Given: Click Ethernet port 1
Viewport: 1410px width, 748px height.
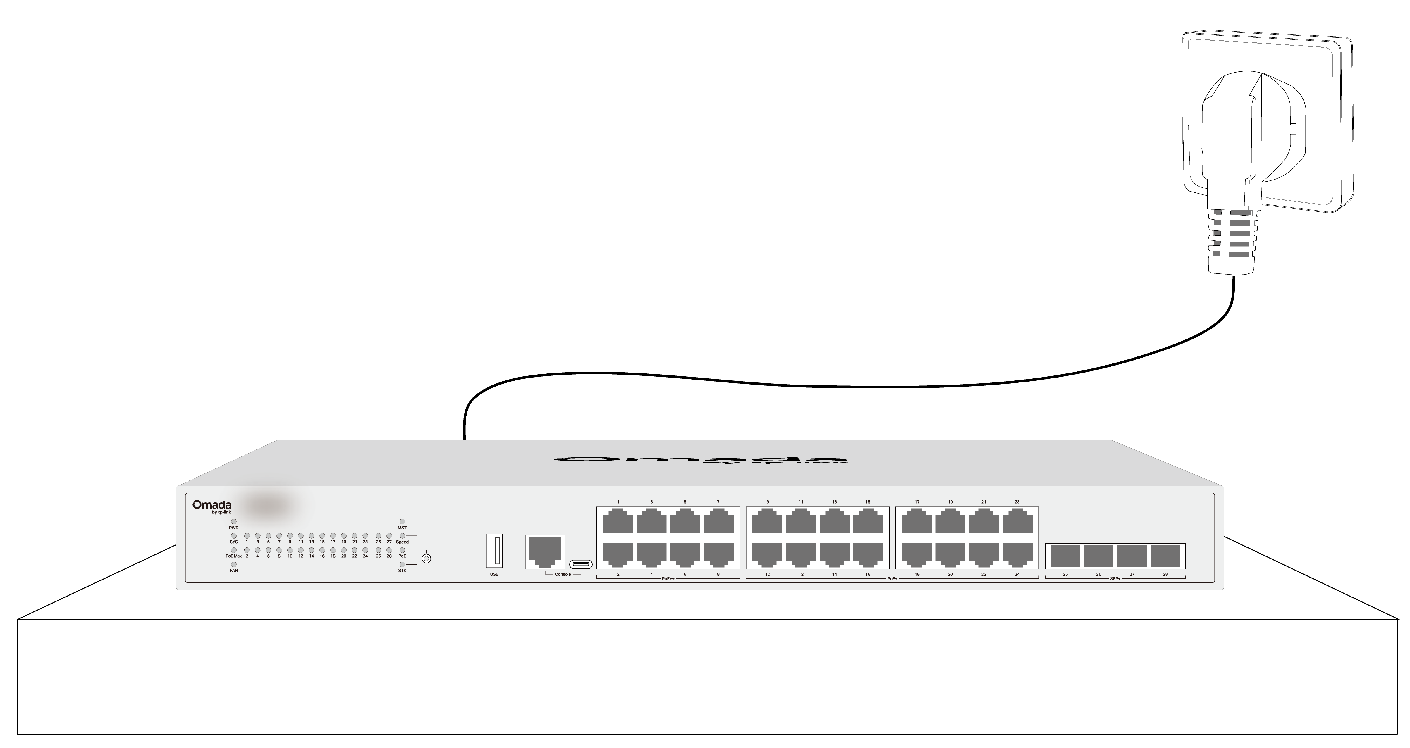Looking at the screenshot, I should click(x=618, y=521).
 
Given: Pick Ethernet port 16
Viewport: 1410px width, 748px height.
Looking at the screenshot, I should click(x=868, y=554).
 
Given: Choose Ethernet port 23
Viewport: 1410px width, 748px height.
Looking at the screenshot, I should click(x=1017, y=521).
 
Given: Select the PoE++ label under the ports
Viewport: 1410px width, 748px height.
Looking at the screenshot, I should click(x=668, y=578).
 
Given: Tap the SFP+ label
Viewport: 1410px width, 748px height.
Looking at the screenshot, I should click(x=1115, y=578).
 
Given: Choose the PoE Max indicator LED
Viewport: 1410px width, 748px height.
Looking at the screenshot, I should click(x=234, y=550).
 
